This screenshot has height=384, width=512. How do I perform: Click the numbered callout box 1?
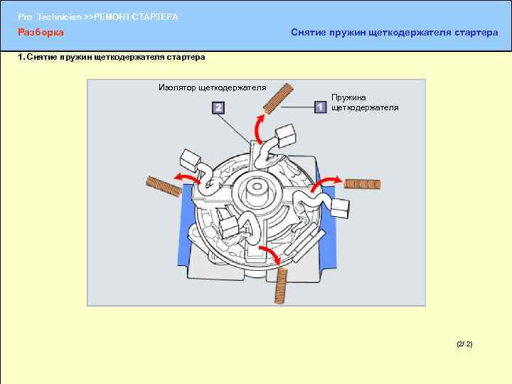click(x=320, y=107)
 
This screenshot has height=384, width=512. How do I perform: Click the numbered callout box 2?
click(x=218, y=108)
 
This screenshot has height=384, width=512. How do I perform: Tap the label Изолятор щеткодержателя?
click(x=213, y=87)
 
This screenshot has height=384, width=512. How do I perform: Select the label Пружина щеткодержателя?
click(x=365, y=102)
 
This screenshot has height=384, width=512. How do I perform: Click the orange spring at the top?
click(x=278, y=98)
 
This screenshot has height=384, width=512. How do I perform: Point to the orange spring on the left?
click(x=164, y=186)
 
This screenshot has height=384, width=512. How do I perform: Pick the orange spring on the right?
click(x=363, y=184)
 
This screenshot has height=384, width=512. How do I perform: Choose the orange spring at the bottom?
click(x=281, y=286)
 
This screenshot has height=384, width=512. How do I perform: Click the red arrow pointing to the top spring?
click(x=259, y=128)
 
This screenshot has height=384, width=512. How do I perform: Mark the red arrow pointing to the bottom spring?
click(x=272, y=253)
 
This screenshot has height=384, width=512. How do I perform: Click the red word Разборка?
click(x=41, y=33)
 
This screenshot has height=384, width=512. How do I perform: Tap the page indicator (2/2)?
click(x=464, y=344)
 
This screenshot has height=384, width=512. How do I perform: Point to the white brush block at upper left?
click(x=190, y=161)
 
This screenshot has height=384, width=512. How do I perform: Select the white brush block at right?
click(x=340, y=208)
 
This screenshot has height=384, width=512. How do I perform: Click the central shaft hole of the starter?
click(x=257, y=186)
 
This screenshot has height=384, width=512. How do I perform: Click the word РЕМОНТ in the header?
click(x=112, y=17)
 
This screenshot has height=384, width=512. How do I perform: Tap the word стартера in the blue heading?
click(x=476, y=33)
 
